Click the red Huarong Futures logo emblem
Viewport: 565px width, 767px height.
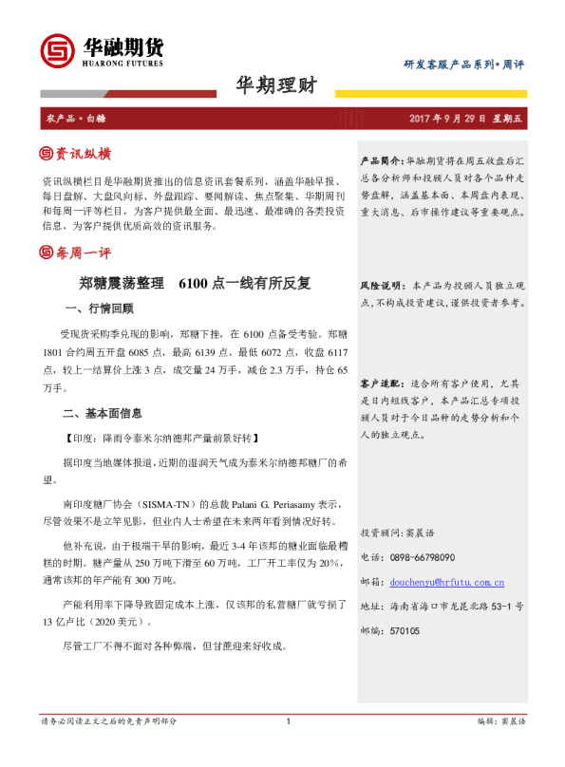click(x=58, y=48)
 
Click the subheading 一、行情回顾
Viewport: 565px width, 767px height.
click(x=99, y=309)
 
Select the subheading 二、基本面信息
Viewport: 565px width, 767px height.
click(x=104, y=413)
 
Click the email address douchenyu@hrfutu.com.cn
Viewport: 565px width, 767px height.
click(x=445, y=582)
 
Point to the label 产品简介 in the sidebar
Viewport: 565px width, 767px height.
click(x=381, y=162)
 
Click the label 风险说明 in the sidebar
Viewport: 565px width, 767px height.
click(x=381, y=285)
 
